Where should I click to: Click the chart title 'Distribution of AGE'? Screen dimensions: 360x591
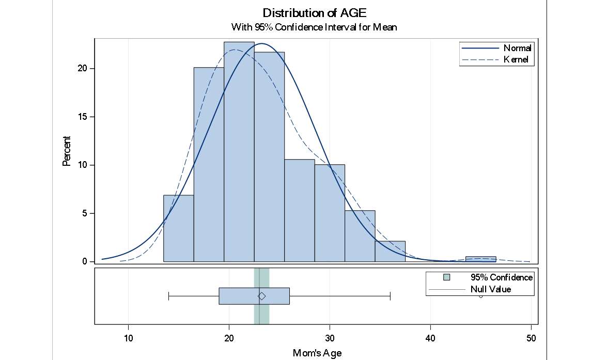pyautogui.click(x=315, y=13)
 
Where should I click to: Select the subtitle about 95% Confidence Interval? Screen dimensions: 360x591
pyautogui.click(x=315, y=27)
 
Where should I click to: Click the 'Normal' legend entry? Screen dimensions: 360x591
pyautogui.click(x=518, y=48)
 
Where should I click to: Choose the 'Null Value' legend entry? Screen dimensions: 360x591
pyautogui.click(x=490, y=289)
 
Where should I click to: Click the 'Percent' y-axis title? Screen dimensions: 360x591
pyautogui.click(x=66, y=151)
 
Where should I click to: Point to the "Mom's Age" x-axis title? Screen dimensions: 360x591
pyautogui.click(x=317, y=353)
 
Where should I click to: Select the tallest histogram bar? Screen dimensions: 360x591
pyautogui.click(x=239, y=155)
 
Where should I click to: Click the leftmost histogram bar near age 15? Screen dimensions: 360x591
pyautogui.click(x=178, y=230)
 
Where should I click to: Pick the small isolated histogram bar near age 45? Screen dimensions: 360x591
pyautogui.click(x=480, y=259)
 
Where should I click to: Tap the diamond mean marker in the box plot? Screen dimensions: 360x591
pyautogui.click(x=262, y=296)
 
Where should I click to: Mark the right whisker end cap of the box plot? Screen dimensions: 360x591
pyautogui.click(x=390, y=296)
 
